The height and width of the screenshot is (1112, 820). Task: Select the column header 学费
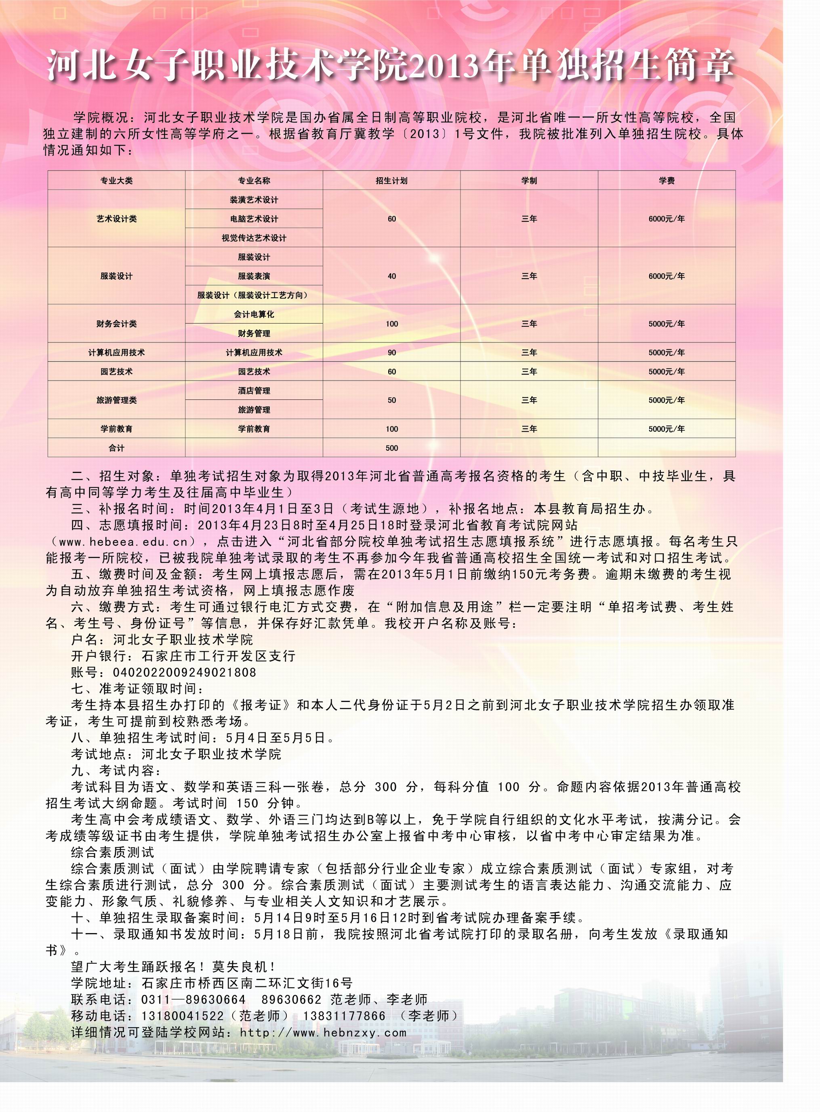click(666, 181)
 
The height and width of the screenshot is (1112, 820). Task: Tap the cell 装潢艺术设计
click(254, 200)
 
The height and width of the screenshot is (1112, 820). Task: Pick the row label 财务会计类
click(116, 324)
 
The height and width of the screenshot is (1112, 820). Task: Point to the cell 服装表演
click(254, 276)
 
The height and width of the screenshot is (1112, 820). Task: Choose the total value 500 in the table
click(392, 448)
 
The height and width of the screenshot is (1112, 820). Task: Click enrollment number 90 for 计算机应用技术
click(392, 353)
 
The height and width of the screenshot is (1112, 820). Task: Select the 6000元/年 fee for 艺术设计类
click(666, 219)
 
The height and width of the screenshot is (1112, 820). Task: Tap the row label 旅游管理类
click(116, 400)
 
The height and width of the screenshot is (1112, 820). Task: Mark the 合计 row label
click(116, 448)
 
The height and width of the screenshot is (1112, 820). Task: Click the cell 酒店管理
click(254, 391)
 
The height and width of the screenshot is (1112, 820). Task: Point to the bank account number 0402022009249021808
click(185, 673)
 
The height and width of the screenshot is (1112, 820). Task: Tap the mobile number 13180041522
click(183, 1016)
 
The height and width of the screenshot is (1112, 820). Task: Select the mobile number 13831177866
click(345, 1016)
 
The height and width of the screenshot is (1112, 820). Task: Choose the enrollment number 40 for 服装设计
click(392, 276)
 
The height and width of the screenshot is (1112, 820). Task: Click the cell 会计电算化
click(254, 315)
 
